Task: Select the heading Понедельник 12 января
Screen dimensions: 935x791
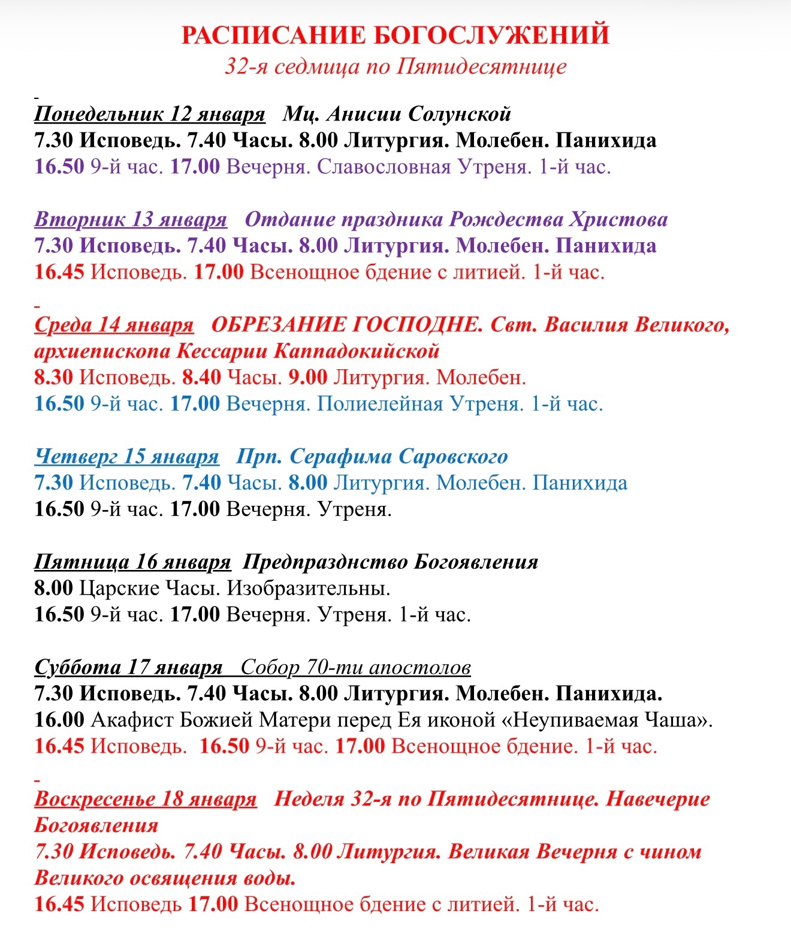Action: pos(149,113)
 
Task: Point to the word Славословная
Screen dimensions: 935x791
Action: pos(384,166)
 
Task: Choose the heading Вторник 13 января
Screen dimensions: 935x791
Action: pos(131,219)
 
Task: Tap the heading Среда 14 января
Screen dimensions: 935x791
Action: pos(114,324)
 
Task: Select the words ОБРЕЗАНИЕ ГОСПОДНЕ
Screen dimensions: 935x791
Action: pos(347,324)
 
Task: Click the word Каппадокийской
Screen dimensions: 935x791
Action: pos(357,351)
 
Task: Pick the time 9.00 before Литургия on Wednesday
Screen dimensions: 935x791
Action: pos(308,377)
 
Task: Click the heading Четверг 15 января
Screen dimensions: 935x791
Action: pos(126,456)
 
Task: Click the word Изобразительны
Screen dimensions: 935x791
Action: pos(308,588)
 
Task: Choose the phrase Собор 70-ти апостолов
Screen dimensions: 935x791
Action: pos(356,667)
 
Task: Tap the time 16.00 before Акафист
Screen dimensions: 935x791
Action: pos(59,720)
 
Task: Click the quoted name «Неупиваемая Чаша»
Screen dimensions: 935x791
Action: pos(605,720)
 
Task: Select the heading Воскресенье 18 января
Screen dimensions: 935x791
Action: pos(146,799)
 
